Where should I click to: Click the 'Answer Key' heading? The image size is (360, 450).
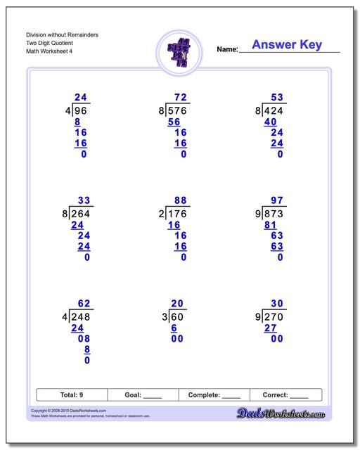pyautogui.click(x=286, y=45)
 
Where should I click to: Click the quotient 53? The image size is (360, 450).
pyautogui.click(x=277, y=98)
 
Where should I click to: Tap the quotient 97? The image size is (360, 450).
pyautogui.click(x=277, y=201)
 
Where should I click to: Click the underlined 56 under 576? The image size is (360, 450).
pyautogui.click(x=173, y=121)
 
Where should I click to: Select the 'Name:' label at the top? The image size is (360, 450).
pyautogui.click(x=227, y=49)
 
